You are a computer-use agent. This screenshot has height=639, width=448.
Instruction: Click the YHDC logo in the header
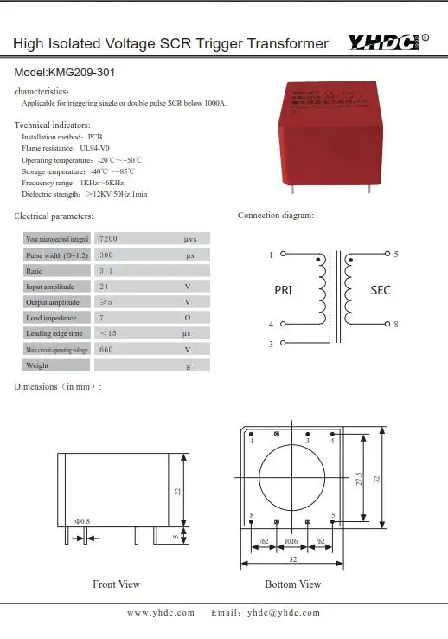point(385,42)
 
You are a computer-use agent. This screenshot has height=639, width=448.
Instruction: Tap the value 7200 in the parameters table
point(110,238)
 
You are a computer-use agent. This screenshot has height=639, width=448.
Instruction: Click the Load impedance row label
point(53,318)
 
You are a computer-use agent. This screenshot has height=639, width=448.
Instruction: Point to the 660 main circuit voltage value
point(107,350)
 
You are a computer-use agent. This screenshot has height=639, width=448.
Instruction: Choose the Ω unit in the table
point(187,318)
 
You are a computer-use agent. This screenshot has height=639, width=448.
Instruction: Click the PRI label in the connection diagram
point(283,290)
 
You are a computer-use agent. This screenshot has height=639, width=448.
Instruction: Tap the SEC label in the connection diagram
point(381,290)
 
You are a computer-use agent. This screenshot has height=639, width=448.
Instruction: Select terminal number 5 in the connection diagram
point(396,255)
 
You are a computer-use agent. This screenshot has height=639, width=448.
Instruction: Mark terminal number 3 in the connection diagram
point(271,344)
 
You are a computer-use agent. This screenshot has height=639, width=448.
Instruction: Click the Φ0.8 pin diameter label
point(82,520)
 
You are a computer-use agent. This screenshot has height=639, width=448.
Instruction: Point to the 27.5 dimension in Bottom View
point(359,479)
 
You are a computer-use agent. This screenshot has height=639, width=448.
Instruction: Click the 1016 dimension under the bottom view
point(291,542)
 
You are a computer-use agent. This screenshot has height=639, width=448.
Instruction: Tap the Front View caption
point(116,584)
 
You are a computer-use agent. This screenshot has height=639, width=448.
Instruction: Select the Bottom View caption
point(293,584)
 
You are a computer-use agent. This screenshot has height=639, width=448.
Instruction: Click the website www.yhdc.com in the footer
point(161,613)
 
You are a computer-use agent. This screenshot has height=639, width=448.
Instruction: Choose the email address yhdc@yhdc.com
point(283,613)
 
